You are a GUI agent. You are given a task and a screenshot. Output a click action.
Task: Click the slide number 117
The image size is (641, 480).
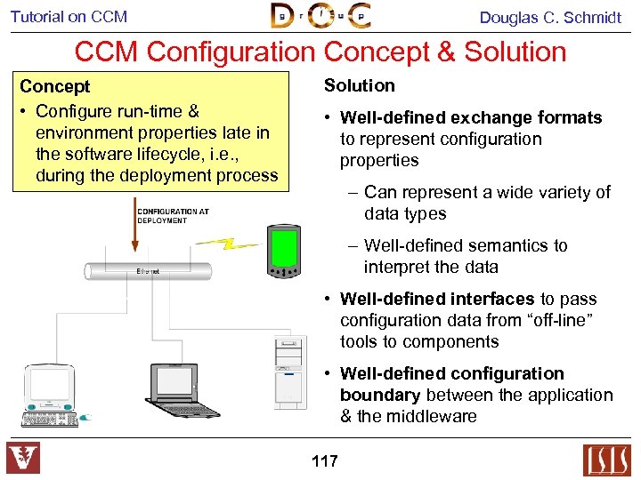pyautogui.click(x=325, y=460)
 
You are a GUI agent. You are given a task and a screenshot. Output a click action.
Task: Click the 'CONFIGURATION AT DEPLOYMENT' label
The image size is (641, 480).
pyautogui.click(x=174, y=216)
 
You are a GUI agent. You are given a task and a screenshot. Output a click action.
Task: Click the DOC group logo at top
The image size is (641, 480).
pyautogui.click(x=320, y=16)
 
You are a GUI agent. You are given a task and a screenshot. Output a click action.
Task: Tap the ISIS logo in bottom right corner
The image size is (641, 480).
pyautogui.click(x=606, y=460)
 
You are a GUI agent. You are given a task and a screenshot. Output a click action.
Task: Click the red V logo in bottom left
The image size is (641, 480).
pyautogui.click(x=23, y=459)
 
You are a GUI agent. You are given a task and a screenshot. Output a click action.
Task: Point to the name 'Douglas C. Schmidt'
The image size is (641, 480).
pyautogui.click(x=550, y=17)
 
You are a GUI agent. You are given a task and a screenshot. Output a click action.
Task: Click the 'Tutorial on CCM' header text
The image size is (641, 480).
pyautogui.click(x=69, y=17)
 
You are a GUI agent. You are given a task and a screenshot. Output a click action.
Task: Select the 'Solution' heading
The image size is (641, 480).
pyautogui.click(x=359, y=85)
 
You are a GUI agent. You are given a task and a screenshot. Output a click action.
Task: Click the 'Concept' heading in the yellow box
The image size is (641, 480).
pyautogui.click(x=55, y=87)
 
